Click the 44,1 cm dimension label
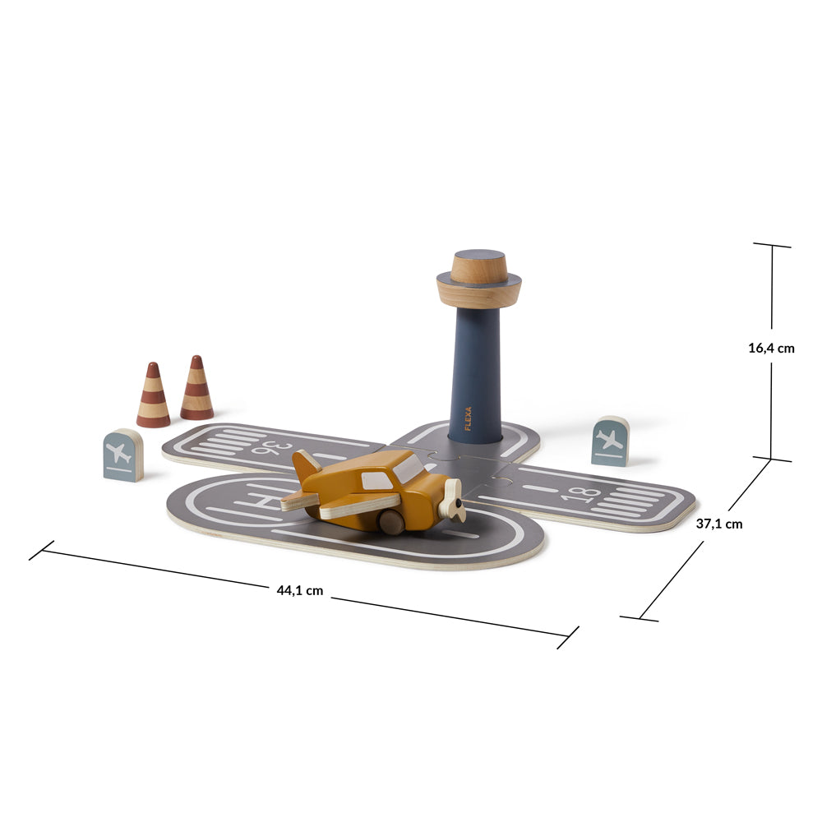pos(300,590)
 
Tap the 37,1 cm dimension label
pos(719,523)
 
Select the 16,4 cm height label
pos(771,348)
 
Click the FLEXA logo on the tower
pos(469,418)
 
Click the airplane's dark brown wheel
pos(391,522)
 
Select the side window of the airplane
pos(376,481)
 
